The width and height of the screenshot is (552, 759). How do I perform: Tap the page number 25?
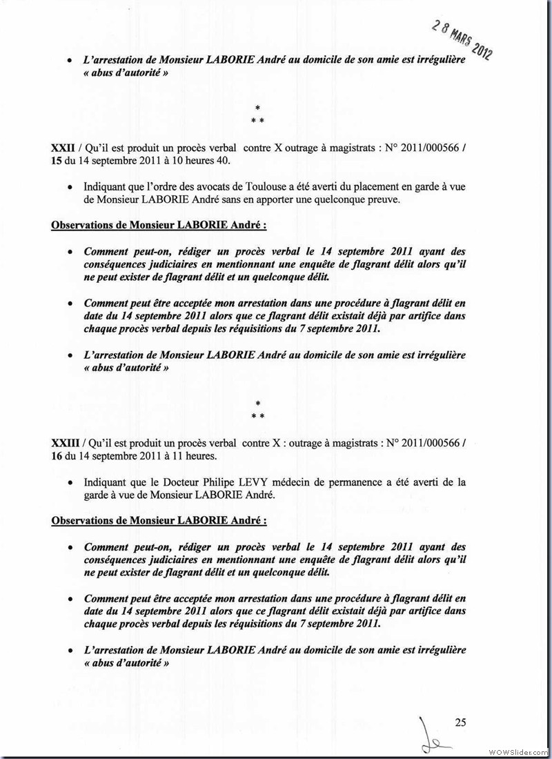coord(461,722)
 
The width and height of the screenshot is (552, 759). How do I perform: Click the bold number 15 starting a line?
coord(58,161)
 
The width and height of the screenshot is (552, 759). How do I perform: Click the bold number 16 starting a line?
coord(58,456)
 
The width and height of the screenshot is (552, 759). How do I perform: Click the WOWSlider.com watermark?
coord(517,751)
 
